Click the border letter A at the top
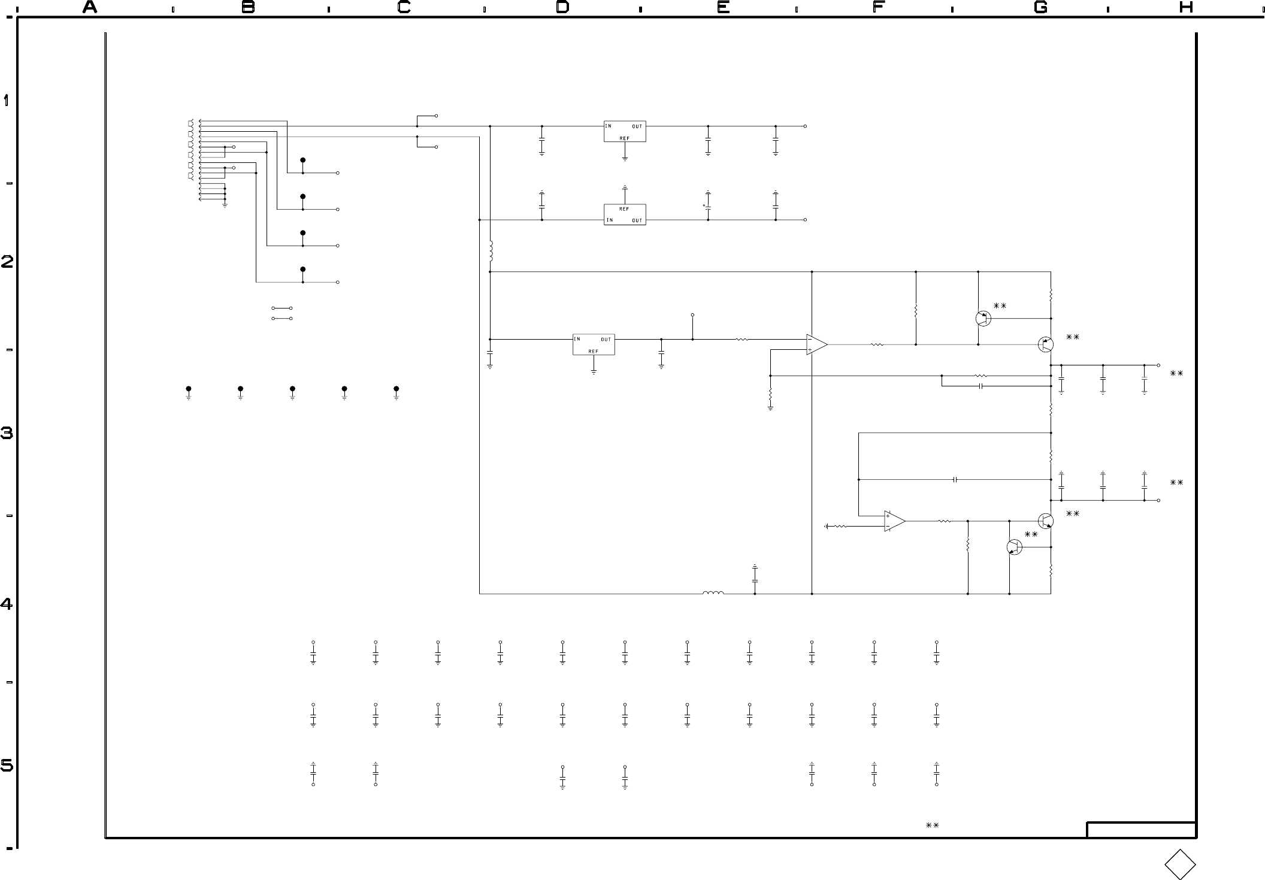(x=90, y=7)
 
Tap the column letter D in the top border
(x=562, y=7)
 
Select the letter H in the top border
(x=1186, y=7)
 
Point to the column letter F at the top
(x=879, y=7)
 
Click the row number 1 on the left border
(x=7, y=100)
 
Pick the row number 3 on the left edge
(x=7, y=433)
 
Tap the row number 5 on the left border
(x=7, y=766)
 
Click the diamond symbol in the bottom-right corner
(x=1180, y=864)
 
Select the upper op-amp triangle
(x=816, y=344)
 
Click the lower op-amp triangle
(x=894, y=521)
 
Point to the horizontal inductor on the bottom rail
(x=713, y=593)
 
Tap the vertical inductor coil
(x=491, y=252)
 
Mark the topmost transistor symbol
(x=983, y=319)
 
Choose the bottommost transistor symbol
(x=1014, y=547)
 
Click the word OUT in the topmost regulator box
(x=637, y=126)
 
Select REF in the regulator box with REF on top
(x=624, y=209)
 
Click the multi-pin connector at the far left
(x=192, y=160)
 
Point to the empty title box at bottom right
(x=1141, y=830)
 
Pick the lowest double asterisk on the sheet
(x=932, y=825)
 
